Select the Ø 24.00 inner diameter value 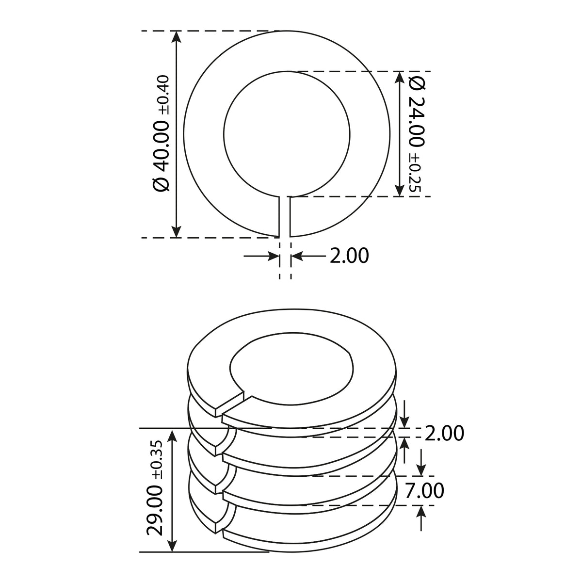click(417, 112)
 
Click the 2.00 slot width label click(349, 256)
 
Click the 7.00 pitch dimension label click(424, 490)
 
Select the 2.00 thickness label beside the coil click(444, 434)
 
